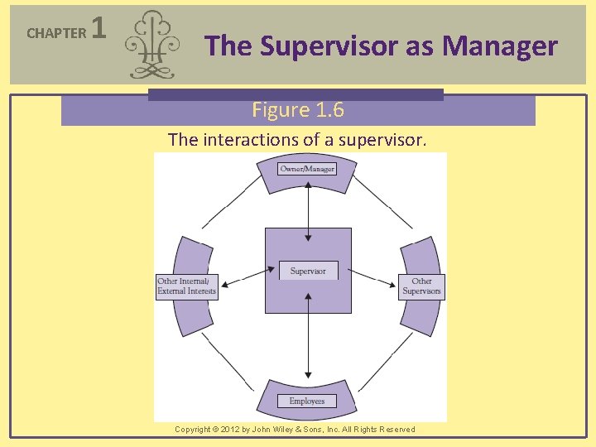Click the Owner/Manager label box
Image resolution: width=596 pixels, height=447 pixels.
click(x=308, y=169)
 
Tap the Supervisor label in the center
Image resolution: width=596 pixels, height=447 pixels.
click(x=308, y=271)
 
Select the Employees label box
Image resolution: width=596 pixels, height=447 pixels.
click(x=307, y=401)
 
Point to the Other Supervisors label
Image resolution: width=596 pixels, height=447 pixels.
click(x=422, y=286)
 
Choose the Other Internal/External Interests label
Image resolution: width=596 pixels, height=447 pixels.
click(x=187, y=286)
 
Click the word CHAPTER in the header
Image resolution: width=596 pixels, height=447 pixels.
click(x=56, y=33)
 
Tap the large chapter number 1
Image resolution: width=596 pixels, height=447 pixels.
click(x=99, y=31)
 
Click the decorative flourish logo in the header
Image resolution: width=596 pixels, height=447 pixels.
click(x=153, y=45)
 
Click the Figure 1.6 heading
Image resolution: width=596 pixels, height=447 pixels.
click(x=298, y=110)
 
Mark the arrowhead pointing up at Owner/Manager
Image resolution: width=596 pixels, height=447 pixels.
click(x=308, y=184)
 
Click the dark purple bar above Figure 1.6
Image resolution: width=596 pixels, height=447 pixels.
click(x=296, y=94)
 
